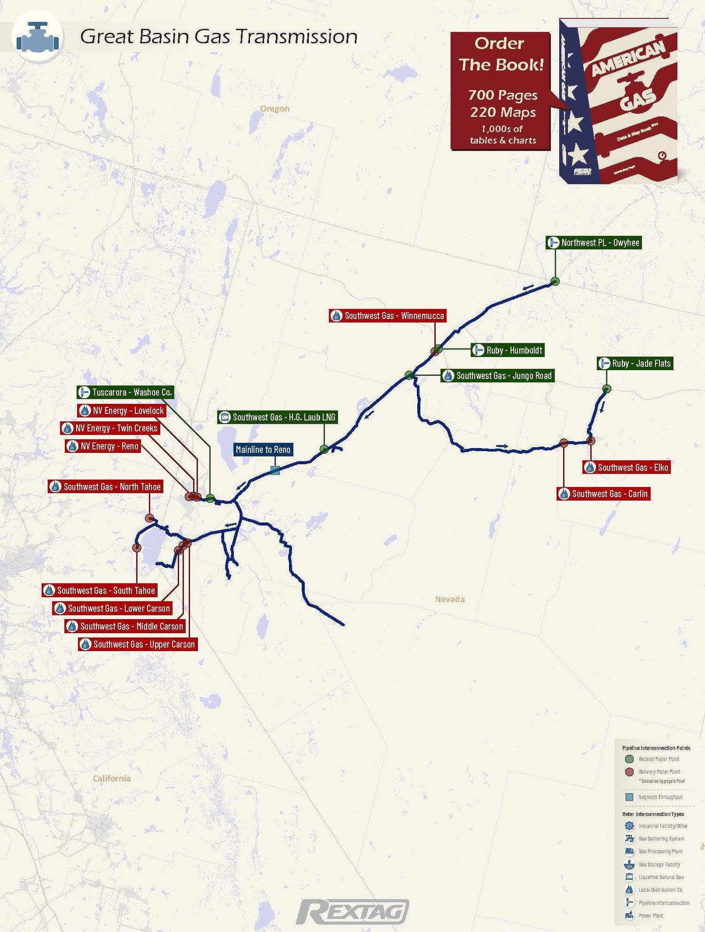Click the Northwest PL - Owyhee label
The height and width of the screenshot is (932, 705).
tap(594, 242)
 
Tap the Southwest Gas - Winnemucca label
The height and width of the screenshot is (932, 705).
tap(387, 316)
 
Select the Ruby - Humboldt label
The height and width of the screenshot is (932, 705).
tap(508, 350)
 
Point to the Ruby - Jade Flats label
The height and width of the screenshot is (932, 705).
tap(635, 363)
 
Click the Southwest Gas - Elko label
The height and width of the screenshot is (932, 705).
tap(627, 467)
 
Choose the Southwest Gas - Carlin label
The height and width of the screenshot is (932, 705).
tap(603, 494)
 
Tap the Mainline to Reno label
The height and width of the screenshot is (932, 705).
tap(263, 450)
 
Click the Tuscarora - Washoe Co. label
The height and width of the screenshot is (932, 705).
tap(125, 392)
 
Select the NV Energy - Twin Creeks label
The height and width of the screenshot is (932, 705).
tap(110, 428)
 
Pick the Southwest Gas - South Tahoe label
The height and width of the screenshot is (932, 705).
tap(100, 590)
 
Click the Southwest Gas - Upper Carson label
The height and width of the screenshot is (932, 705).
tap(138, 644)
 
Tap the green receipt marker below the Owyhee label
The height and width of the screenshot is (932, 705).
tap(555, 281)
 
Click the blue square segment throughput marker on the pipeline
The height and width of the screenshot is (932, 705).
tap(275, 470)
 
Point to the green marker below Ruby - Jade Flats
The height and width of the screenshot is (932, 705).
tap(607, 388)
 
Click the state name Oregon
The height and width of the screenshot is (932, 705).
tap(275, 109)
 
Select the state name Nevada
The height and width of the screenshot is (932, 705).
tap(450, 599)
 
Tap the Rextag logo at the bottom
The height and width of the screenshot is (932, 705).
tap(353, 912)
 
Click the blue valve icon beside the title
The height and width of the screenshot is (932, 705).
tap(38, 37)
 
